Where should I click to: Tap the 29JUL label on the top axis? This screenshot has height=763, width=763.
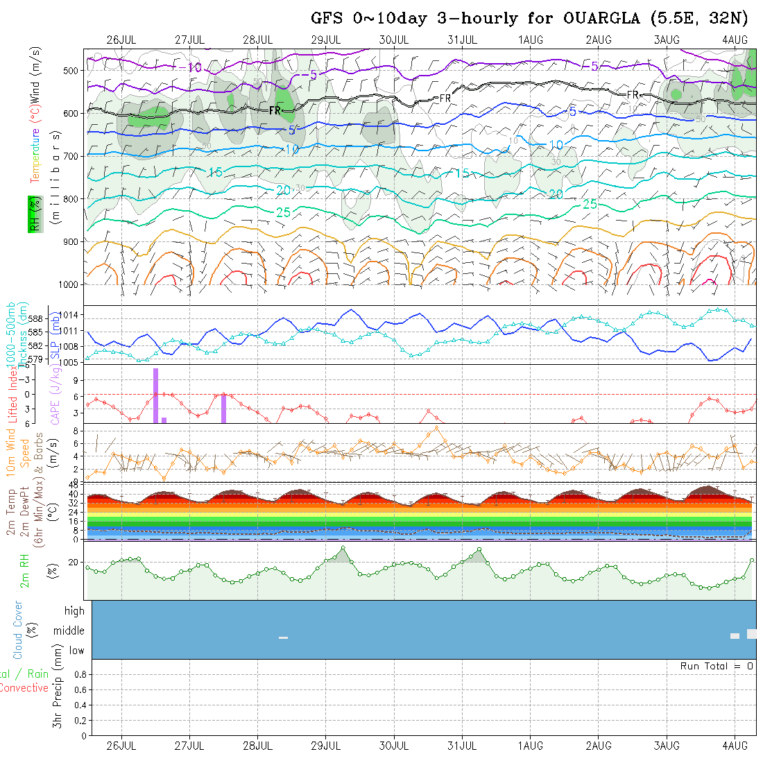point(326,40)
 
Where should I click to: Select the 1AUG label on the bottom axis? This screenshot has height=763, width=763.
point(531,746)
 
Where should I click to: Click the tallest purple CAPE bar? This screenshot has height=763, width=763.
point(156,395)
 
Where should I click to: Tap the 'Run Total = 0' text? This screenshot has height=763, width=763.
point(717,666)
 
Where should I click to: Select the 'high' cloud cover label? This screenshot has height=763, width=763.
point(74,611)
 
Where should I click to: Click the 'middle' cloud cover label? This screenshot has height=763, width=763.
point(69,631)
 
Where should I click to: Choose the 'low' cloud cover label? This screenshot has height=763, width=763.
point(76,651)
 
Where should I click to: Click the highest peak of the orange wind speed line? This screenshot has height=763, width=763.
point(436,427)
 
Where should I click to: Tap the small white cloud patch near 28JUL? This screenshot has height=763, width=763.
point(283,637)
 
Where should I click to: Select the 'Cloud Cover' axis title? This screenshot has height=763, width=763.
point(18,630)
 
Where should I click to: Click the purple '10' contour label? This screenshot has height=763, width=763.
point(195,67)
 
